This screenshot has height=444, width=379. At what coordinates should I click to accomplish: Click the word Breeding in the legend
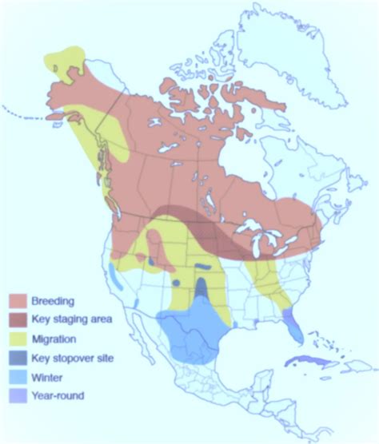[53, 301]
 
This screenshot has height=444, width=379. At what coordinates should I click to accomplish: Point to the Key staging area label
[71, 319]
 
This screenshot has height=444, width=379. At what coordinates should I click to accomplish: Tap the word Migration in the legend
[54, 339]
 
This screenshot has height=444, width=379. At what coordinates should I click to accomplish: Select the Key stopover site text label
[72, 358]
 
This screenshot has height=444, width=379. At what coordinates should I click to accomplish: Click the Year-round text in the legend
[58, 395]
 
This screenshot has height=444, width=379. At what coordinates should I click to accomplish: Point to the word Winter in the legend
[46, 376]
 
